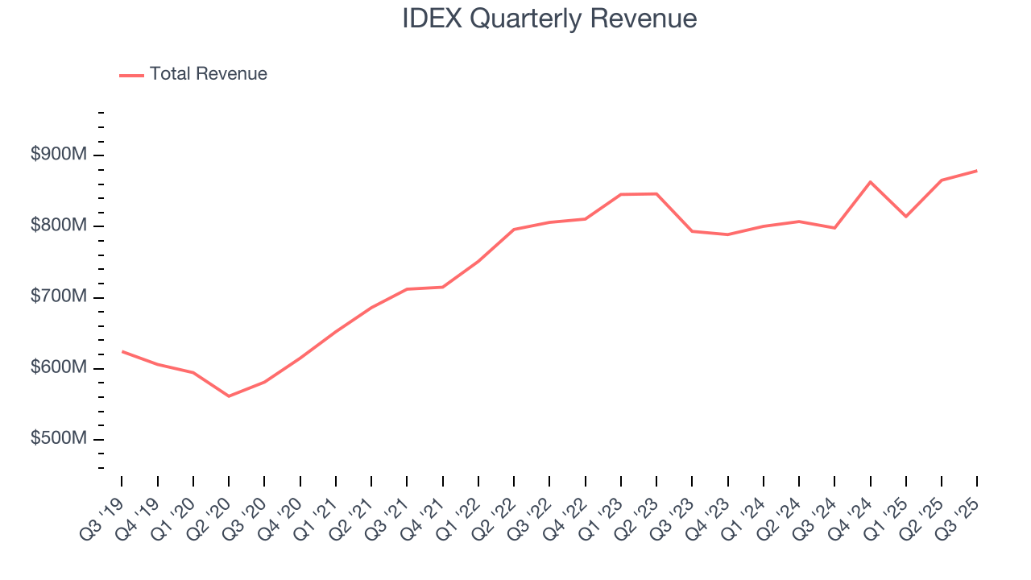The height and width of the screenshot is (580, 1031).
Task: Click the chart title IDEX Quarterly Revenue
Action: tap(549, 18)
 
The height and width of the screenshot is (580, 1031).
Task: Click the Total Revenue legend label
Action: tap(208, 74)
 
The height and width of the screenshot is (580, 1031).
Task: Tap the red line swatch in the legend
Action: tap(131, 75)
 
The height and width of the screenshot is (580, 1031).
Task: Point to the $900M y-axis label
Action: tap(59, 155)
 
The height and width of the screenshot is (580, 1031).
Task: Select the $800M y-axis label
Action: tap(59, 226)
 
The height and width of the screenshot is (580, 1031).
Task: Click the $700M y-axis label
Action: tap(59, 297)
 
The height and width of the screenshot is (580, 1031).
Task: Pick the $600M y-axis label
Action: tap(59, 368)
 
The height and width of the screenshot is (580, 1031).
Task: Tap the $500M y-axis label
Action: tap(59, 439)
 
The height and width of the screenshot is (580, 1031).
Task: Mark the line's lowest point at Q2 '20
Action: tap(229, 396)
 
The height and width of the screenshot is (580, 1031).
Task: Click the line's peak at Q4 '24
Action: tap(871, 182)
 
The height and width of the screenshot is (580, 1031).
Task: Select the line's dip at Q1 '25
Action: tap(906, 217)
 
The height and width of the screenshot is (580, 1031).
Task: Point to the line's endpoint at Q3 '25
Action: tap(977, 171)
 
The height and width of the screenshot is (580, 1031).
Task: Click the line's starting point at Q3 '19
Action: tap(122, 351)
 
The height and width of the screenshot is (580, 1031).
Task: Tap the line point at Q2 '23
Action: tap(656, 193)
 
